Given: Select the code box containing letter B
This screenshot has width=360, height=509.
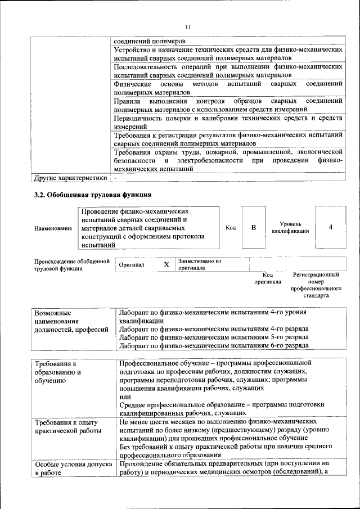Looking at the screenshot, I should pyautogui.click(x=253, y=228).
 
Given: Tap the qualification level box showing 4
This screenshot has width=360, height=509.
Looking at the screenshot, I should pyautogui.click(x=330, y=228).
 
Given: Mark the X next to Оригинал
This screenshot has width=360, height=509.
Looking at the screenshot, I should pyautogui.click(x=166, y=264).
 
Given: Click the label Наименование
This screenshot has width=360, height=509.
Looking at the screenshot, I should pyautogui.click(x=53, y=228).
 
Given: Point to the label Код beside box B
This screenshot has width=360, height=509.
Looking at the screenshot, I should pyautogui.click(x=231, y=228).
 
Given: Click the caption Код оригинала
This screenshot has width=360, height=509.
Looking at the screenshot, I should pyautogui.click(x=267, y=278).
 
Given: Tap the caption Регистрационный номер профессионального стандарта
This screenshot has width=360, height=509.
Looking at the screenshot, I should pyautogui.click(x=316, y=285).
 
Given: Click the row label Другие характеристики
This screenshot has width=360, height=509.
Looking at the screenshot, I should pyautogui.click(x=70, y=178).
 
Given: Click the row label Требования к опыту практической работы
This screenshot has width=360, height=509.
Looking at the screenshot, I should pyautogui.click(x=68, y=426).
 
